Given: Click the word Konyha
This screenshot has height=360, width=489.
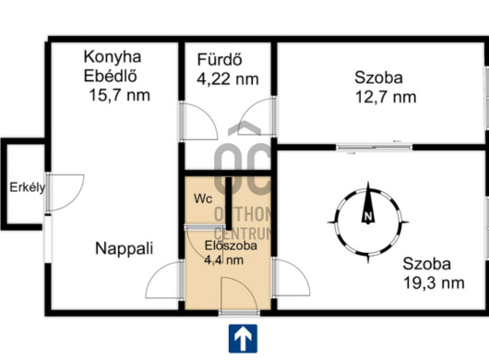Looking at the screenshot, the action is click(x=113, y=57).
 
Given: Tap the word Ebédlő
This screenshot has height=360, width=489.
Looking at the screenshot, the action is click(x=111, y=76).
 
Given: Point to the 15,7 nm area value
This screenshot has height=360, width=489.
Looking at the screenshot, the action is click(x=119, y=95).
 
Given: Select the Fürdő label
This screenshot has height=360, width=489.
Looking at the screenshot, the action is click(x=220, y=59).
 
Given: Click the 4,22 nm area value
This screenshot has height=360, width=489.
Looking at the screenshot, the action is click(x=228, y=79).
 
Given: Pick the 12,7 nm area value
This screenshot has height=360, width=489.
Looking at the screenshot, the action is click(x=386, y=97).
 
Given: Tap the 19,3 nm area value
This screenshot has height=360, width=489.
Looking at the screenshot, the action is click(x=434, y=283).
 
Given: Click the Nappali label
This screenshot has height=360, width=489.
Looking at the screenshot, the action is click(x=125, y=248).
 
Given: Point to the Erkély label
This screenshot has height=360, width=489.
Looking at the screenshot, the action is click(x=28, y=187).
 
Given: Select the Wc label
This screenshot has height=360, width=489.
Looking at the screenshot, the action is click(x=203, y=198).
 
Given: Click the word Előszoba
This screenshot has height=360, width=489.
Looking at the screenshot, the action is click(x=231, y=246).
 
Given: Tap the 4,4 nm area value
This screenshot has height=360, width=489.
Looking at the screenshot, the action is click(x=223, y=259).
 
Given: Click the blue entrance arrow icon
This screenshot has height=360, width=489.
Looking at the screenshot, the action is click(x=243, y=339).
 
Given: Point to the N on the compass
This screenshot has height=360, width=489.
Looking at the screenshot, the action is click(x=368, y=216).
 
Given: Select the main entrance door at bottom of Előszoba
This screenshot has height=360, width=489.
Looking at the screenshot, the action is click(x=240, y=294).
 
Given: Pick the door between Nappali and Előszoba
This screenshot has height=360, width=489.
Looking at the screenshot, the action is click(x=164, y=280).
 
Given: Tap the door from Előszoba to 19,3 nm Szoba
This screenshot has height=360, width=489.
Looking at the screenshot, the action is click(x=291, y=277).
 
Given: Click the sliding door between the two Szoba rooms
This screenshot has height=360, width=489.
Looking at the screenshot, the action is click(x=375, y=147).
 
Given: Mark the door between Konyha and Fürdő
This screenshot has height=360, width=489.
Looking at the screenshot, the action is click(x=198, y=121).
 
